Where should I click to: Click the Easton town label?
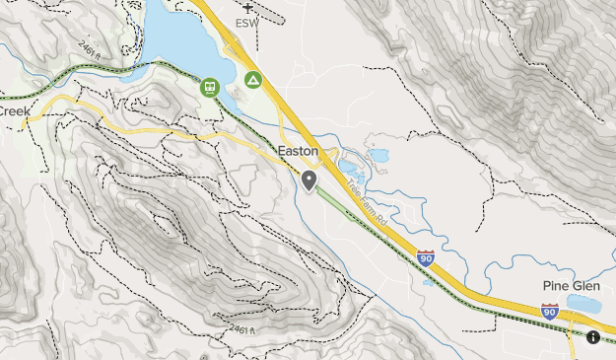(x=299, y=151)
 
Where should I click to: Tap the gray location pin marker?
(x=309, y=180)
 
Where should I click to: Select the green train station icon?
(x=210, y=87)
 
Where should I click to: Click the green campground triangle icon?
(x=253, y=79)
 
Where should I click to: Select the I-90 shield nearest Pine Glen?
(x=550, y=311)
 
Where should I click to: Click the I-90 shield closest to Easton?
(x=426, y=258)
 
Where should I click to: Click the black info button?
(x=593, y=337)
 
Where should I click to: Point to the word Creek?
(x=15, y=111)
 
